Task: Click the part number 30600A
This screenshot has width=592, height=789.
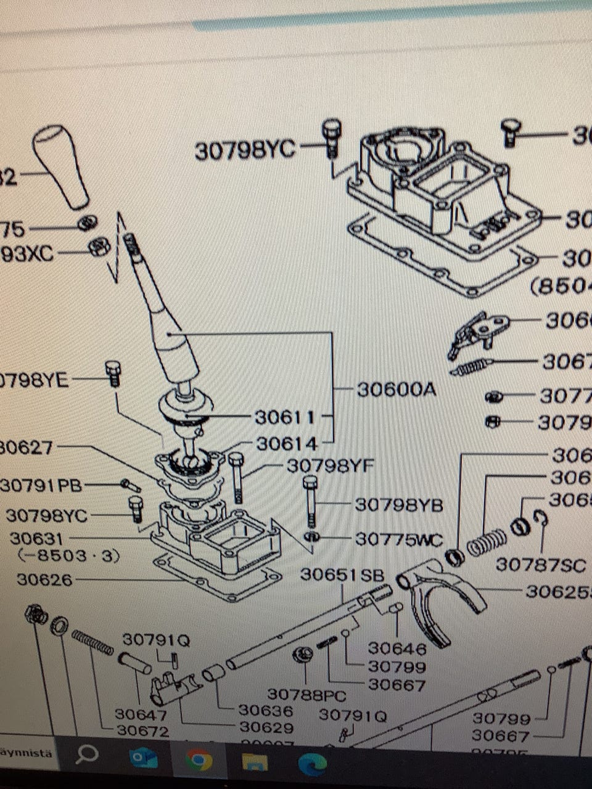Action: pyautogui.click(x=396, y=390)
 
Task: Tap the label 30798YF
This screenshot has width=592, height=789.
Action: pyautogui.click(x=330, y=466)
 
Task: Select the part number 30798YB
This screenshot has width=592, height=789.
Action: pyautogui.click(x=399, y=505)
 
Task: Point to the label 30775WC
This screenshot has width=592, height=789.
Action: pyautogui.click(x=399, y=540)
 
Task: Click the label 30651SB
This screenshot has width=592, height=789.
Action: pyautogui.click(x=342, y=575)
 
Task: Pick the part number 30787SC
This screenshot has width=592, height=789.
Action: pyautogui.click(x=541, y=565)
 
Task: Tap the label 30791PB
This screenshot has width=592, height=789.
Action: pyautogui.click(x=41, y=486)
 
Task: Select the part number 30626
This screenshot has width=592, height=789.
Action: pyautogui.click(x=44, y=580)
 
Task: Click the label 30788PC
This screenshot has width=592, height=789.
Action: pyautogui.click(x=306, y=695)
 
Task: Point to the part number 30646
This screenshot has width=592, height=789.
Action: pyautogui.click(x=397, y=648)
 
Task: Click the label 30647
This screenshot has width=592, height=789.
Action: pyautogui.click(x=141, y=714)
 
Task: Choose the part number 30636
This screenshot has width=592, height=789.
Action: pyautogui.click(x=266, y=710)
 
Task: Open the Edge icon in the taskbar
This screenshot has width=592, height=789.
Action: pyautogui.click(x=312, y=764)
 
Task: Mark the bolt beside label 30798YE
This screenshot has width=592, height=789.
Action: pyautogui.click(x=113, y=373)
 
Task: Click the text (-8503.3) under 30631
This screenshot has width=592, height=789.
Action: pyautogui.click(x=68, y=556)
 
